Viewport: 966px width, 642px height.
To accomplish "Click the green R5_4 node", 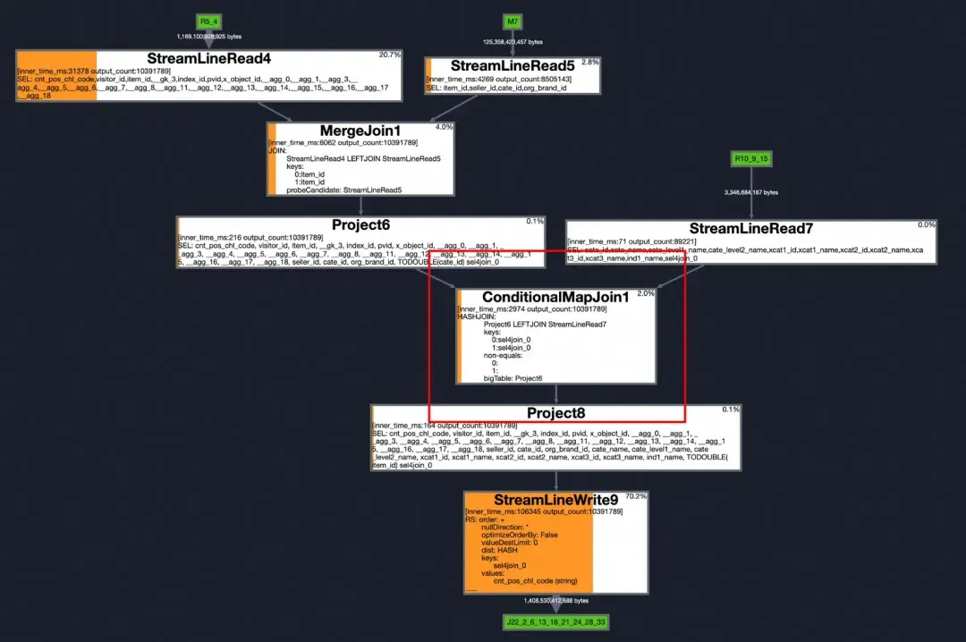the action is point(208,21).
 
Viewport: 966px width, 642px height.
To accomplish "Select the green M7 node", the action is point(513,21).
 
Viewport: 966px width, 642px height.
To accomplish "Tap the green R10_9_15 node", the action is point(751,158).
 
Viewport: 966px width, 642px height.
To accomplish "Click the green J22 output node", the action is point(555,621).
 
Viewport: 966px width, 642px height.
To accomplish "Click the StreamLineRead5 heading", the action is point(513,66).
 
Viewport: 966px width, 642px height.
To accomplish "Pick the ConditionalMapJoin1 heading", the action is point(555,296).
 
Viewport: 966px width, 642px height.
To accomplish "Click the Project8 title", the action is point(555,412).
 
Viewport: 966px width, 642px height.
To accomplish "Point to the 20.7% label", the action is point(389,55).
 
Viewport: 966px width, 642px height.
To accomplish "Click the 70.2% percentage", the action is point(636,495).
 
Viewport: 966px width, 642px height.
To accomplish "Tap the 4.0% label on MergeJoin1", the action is point(444,127).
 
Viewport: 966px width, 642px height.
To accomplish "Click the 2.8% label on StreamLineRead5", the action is point(590,62).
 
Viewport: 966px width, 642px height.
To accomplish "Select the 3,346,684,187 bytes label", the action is point(751,192).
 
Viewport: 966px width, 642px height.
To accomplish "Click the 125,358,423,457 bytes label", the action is point(513,42).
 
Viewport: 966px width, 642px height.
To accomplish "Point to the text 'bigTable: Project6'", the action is point(513,378).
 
